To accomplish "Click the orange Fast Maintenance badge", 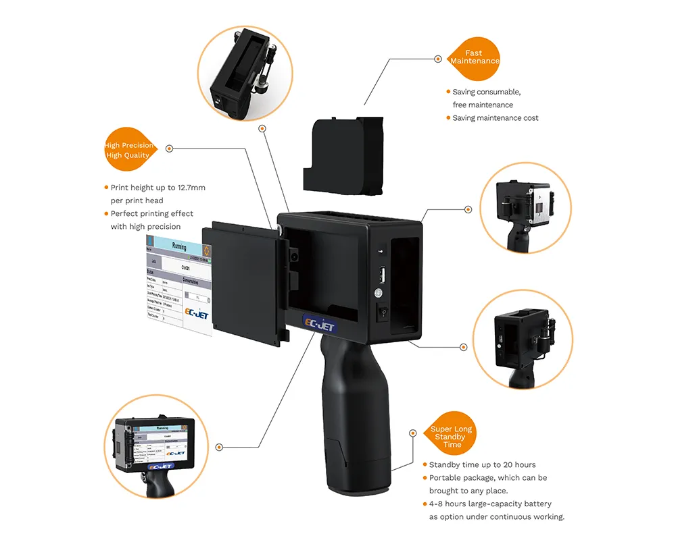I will [475, 57].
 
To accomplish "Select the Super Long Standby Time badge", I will [452, 436].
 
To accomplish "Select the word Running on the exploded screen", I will [179, 247].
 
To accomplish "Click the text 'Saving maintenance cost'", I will [496, 118].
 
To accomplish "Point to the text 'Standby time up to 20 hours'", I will [482, 464].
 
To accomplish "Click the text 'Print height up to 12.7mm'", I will [158, 188].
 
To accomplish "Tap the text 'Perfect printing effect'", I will [152, 214].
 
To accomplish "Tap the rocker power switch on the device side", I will [381, 313].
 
